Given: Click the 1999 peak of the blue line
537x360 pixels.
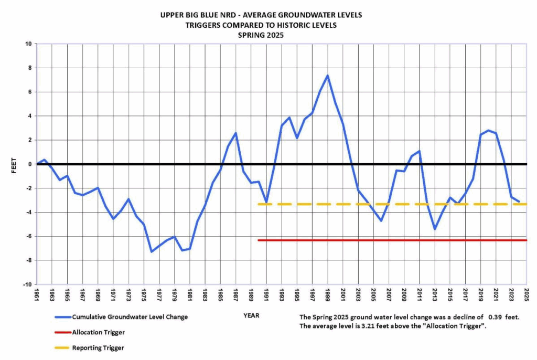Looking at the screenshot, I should coord(327,75).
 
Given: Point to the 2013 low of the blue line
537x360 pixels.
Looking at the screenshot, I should coord(435,229).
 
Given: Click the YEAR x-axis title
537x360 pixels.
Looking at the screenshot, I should coord(250,315).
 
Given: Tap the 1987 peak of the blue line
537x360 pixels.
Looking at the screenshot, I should coord(236,133).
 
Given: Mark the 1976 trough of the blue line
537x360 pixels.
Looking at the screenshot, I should coord(152,251).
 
